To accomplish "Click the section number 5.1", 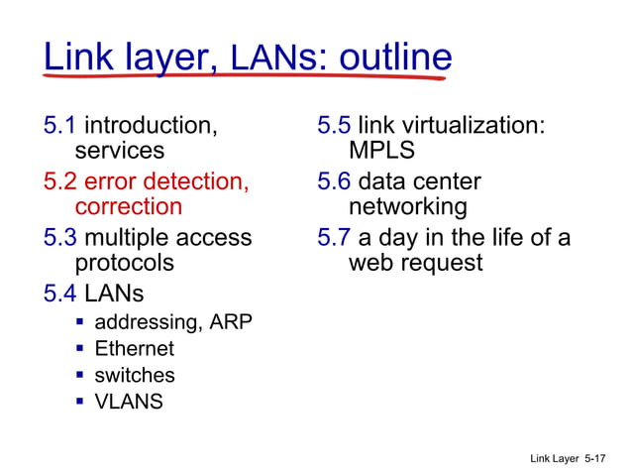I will coord(59,126).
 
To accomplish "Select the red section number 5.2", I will coord(59,181).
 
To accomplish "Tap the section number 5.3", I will coord(59,238).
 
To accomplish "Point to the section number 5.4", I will coord(59,294).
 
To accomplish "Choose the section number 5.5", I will coord(334,126).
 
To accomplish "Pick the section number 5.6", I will coord(334,181).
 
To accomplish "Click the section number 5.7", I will coord(334,238).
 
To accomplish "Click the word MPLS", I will coord(381,152).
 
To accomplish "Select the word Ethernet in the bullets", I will coord(134,349).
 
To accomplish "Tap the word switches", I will coord(135,376).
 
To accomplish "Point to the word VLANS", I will coord(129,402).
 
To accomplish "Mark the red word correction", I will coord(129,207).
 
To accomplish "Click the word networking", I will coord(407,207).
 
